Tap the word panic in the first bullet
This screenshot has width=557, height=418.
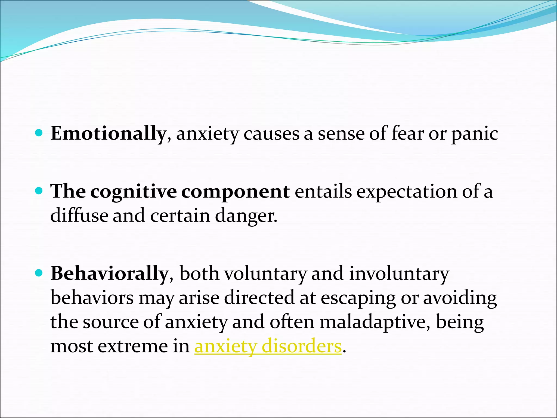pos(475,134)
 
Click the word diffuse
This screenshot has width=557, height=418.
pos(79,216)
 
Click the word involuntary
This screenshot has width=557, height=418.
pos(399,274)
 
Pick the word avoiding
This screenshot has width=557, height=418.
pos(460,298)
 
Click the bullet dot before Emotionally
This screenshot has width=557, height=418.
pos(39,133)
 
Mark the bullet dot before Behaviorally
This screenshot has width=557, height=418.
pos(39,273)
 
